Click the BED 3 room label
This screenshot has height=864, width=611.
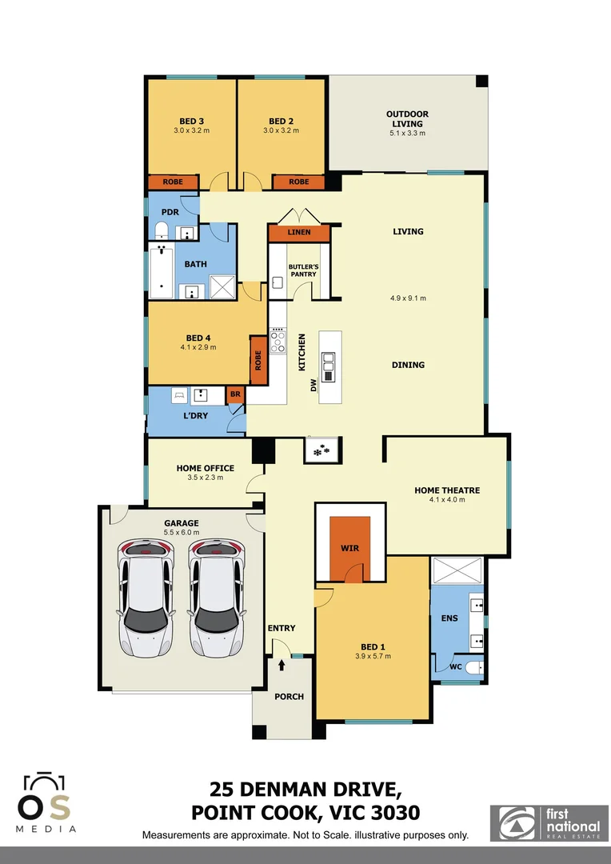click(x=191, y=121)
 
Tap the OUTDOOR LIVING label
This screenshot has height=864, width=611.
click(x=407, y=119)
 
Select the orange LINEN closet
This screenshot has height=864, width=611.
click(x=299, y=233)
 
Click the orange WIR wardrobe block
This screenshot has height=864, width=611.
click(x=349, y=549)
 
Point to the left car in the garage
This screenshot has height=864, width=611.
click(x=146, y=596)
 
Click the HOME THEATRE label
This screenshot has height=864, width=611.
click(x=446, y=490)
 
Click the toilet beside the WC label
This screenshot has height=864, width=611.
click(x=473, y=666)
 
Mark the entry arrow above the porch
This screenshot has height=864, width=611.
click(x=282, y=663)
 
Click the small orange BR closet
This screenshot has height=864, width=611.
click(x=235, y=394)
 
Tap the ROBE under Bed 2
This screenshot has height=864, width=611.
click(x=298, y=182)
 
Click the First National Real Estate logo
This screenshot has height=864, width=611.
click(x=549, y=822)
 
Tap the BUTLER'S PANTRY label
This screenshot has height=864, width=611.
click(x=303, y=270)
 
